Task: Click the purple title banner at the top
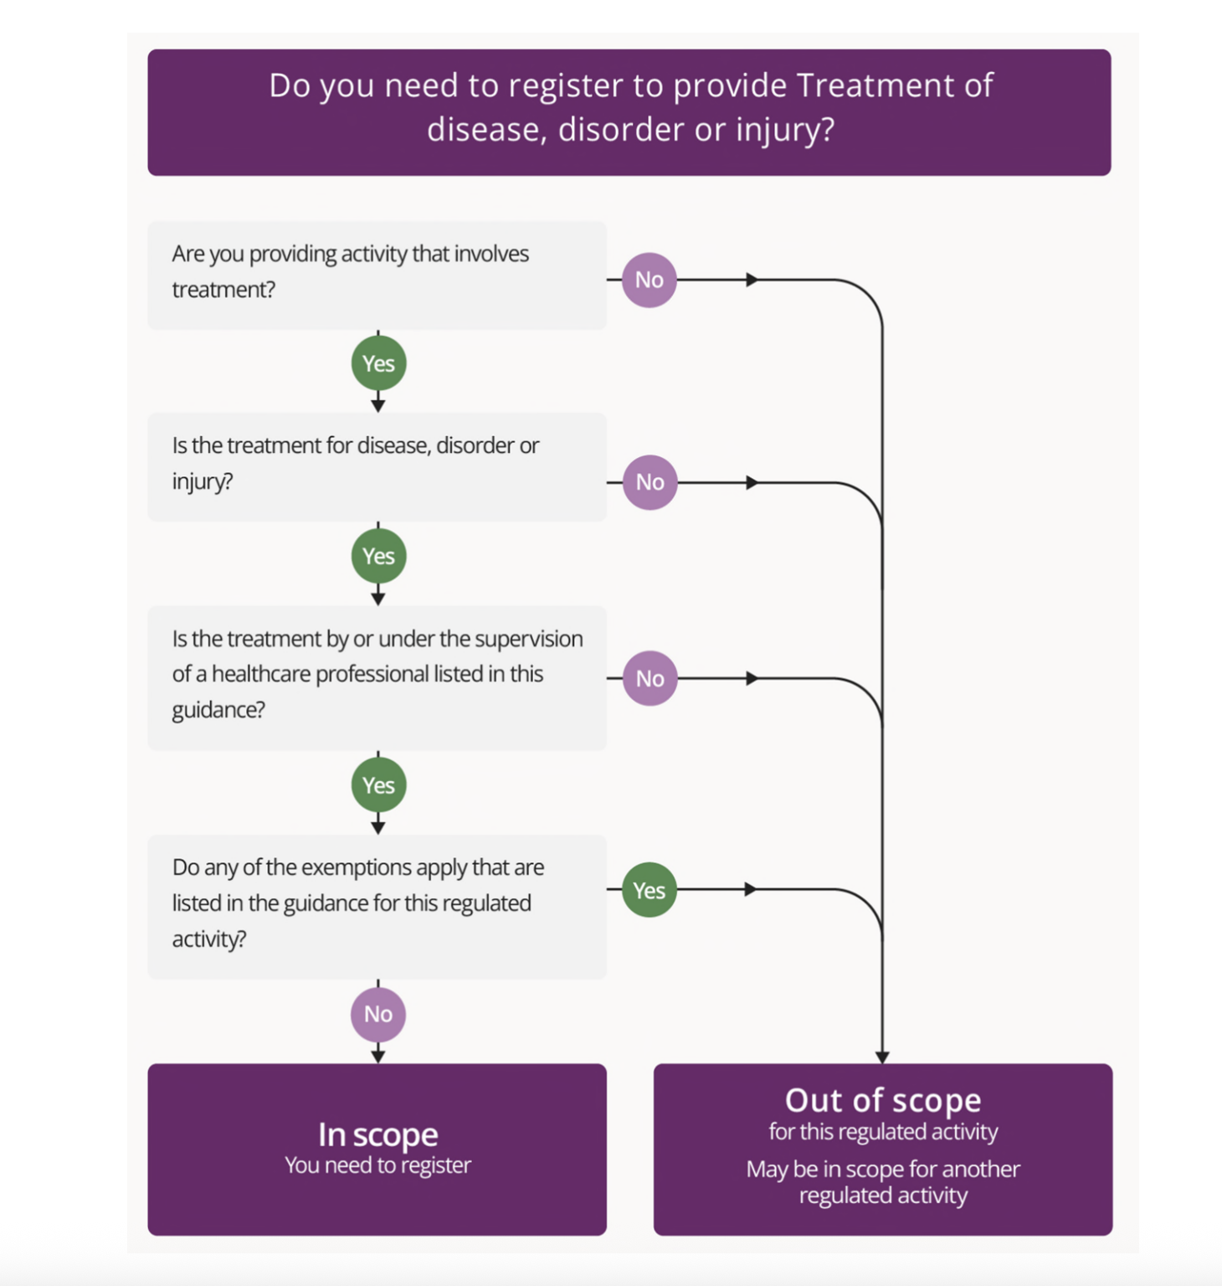(629, 112)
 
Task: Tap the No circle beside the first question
(649, 280)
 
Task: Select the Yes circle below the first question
(378, 363)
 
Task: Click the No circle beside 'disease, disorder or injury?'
(650, 482)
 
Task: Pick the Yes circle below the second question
(378, 556)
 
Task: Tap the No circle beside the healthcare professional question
(650, 678)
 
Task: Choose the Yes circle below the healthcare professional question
(378, 785)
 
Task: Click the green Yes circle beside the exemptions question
(649, 890)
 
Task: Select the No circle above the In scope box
(378, 1014)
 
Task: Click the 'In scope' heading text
(377, 1134)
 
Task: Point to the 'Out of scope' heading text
(882, 1099)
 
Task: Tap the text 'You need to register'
(377, 1165)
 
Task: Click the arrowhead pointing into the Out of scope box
(882, 1057)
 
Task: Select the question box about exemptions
(377, 906)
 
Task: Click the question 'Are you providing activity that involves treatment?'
(350, 271)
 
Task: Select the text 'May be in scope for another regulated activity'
(882, 1181)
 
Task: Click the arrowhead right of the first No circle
(752, 280)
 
